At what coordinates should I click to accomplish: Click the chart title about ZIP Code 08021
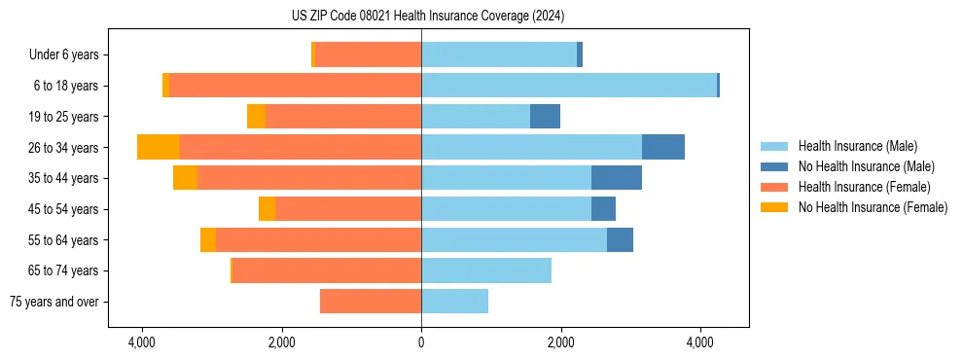tap(421, 17)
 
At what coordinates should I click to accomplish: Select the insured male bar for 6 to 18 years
tap(569, 86)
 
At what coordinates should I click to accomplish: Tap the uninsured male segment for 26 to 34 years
tap(663, 147)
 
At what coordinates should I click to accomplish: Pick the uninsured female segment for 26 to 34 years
tap(159, 147)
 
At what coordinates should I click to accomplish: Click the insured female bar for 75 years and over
tap(371, 302)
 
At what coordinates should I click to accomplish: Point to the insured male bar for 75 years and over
tap(454, 302)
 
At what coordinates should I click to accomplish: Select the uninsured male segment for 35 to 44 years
tap(617, 178)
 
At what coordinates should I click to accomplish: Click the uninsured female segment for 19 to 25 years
tap(256, 117)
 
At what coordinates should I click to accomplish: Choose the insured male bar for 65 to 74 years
tap(486, 270)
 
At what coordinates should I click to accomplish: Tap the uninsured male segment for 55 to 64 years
tap(620, 239)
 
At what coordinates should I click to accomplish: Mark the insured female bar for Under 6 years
tap(368, 54)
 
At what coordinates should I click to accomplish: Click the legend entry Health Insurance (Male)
tap(857, 146)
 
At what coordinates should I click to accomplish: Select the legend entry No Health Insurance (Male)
tap(866, 166)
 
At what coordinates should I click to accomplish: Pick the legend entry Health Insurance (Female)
tap(864, 187)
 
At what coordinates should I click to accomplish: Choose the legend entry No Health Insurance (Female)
tap(873, 207)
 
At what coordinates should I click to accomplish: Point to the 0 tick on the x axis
tap(421, 342)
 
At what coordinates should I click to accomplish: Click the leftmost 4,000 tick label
tap(142, 342)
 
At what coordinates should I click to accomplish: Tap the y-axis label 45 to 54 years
tap(64, 209)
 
